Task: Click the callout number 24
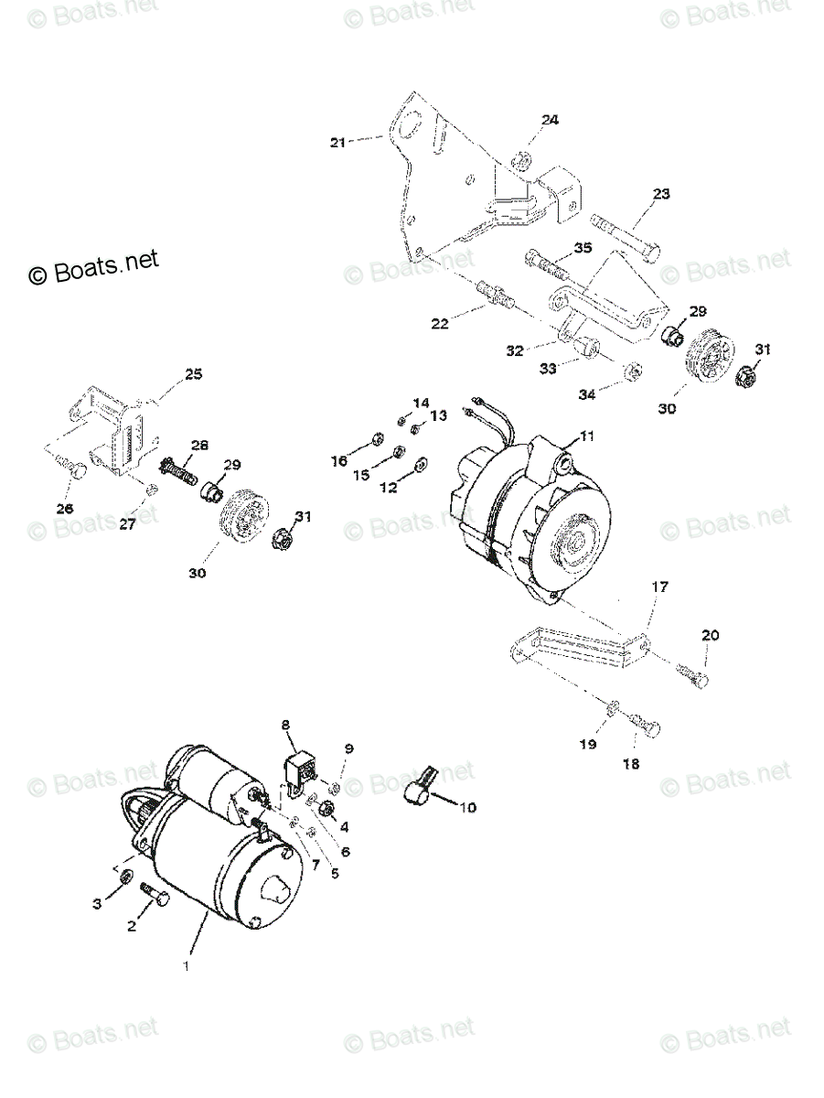click(549, 120)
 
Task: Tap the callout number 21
click(338, 142)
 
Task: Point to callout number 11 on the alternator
click(586, 436)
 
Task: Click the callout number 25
click(193, 374)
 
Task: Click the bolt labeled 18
click(647, 727)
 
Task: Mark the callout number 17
click(659, 587)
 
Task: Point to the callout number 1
click(187, 965)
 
